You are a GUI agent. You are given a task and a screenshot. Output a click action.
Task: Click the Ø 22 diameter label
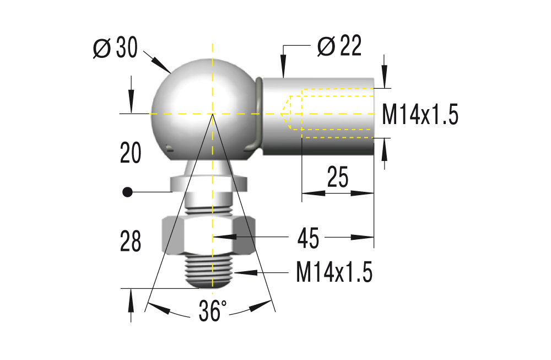click(x=339, y=47)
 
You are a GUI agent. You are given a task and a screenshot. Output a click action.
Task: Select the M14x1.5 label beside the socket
click(x=420, y=115)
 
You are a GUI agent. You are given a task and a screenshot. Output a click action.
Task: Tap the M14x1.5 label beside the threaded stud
click(x=334, y=272)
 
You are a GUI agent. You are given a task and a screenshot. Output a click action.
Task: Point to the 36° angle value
click(x=212, y=311)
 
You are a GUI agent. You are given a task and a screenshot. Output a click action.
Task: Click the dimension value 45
click(x=308, y=238)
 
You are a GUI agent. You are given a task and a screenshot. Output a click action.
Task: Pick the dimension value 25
click(x=338, y=178)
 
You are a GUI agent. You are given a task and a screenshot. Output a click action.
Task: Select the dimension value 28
click(x=131, y=242)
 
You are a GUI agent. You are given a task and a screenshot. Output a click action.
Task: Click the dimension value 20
click(x=131, y=153)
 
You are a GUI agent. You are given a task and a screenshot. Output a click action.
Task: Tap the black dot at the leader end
click(x=127, y=192)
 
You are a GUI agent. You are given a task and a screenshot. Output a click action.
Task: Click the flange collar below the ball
click(x=210, y=184)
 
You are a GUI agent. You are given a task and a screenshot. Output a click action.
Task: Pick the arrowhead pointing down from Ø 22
click(x=283, y=71)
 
